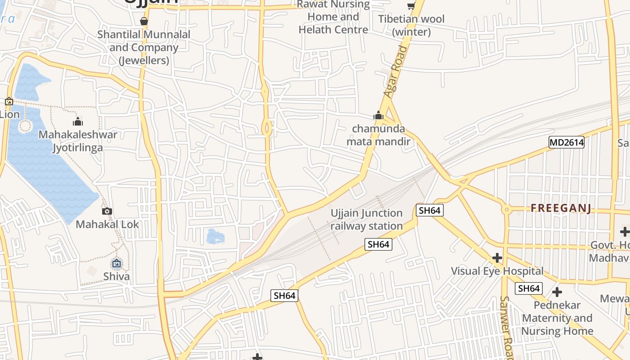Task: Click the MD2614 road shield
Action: click(x=567, y=143)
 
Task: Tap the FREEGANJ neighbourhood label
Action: click(x=561, y=208)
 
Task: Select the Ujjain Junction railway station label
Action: click(x=366, y=220)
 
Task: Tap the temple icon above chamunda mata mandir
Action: click(x=378, y=116)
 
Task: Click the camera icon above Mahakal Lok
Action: click(x=107, y=211)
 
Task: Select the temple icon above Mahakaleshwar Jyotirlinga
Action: click(x=78, y=121)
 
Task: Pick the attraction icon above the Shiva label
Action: click(x=117, y=263)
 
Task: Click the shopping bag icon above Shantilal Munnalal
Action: click(x=144, y=21)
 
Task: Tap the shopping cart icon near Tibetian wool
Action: click(x=411, y=6)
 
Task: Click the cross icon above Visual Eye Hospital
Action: click(x=497, y=258)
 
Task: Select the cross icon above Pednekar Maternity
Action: click(x=557, y=292)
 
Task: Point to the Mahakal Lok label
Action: click(x=108, y=224)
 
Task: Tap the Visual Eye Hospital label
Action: click(x=497, y=271)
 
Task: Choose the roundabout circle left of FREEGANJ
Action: click(x=507, y=209)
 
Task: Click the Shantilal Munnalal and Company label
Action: click(x=144, y=47)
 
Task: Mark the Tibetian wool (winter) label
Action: click(x=411, y=25)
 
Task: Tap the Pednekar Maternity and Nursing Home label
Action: click(x=557, y=318)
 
